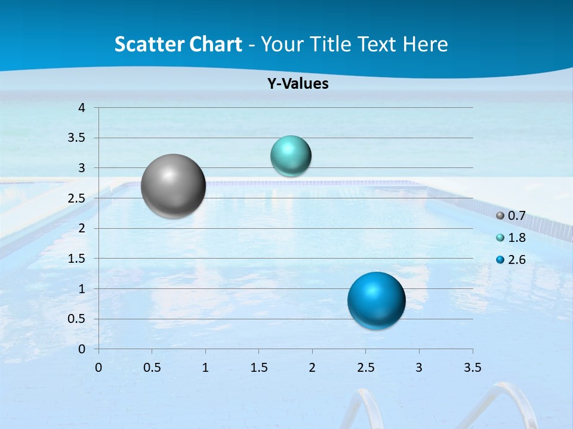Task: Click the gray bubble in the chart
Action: pyautogui.click(x=174, y=186)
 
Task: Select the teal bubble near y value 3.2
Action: pyautogui.click(x=291, y=156)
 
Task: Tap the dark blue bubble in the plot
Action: pyautogui.click(x=376, y=300)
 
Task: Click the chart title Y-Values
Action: pyautogui.click(x=297, y=84)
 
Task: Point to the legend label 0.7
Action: pyautogui.click(x=517, y=215)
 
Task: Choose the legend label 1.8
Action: pyautogui.click(x=517, y=238)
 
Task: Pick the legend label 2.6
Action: pyautogui.click(x=517, y=260)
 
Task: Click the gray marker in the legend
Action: pyautogui.click(x=500, y=215)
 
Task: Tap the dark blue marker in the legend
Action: pyautogui.click(x=500, y=260)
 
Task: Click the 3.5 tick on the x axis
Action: pyautogui.click(x=472, y=368)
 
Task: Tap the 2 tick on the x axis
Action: pyautogui.click(x=312, y=368)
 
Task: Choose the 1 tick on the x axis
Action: pyautogui.click(x=205, y=368)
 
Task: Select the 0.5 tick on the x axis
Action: pyautogui.click(x=152, y=368)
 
